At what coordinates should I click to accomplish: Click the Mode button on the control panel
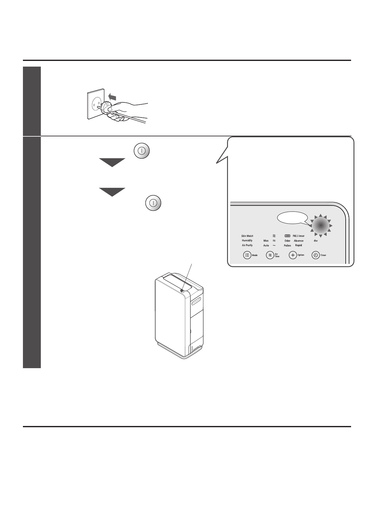pyautogui.click(x=247, y=255)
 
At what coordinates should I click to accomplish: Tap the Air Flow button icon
pyautogui.click(x=269, y=255)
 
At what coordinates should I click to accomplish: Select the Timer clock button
pyautogui.click(x=315, y=255)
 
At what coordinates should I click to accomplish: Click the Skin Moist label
pyautogui.click(x=247, y=236)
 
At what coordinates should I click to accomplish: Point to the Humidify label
pyautogui.click(x=247, y=240)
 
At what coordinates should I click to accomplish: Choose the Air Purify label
pyautogui.click(x=247, y=245)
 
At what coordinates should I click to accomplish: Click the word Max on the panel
pyautogui.click(x=266, y=241)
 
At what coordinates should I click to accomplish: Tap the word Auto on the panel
pyautogui.click(x=266, y=245)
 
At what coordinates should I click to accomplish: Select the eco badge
pyautogui.click(x=287, y=236)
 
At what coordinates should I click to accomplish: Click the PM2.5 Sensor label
pyautogui.click(x=299, y=236)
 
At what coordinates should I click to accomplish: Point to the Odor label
pyautogui.click(x=287, y=241)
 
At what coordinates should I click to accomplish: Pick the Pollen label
pyautogui.click(x=287, y=245)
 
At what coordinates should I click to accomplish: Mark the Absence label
pyautogui.click(x=299, y=241)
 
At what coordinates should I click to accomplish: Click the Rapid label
pyautogui.click(x=299, y=245)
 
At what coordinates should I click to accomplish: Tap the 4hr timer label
pyautogui.click(x=316, y=241)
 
